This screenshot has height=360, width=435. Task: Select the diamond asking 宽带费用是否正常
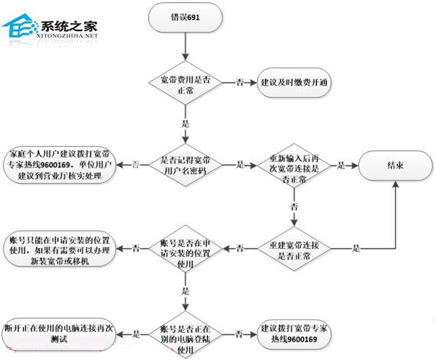[x=186, y=83]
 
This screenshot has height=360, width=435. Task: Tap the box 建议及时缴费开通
[x=293, y=83]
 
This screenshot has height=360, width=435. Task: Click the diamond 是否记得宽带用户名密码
[x=186, y=165]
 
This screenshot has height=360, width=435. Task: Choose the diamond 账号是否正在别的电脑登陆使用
[x=186, y=333]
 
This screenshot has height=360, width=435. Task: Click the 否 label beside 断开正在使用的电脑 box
[x=137, y=333]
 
